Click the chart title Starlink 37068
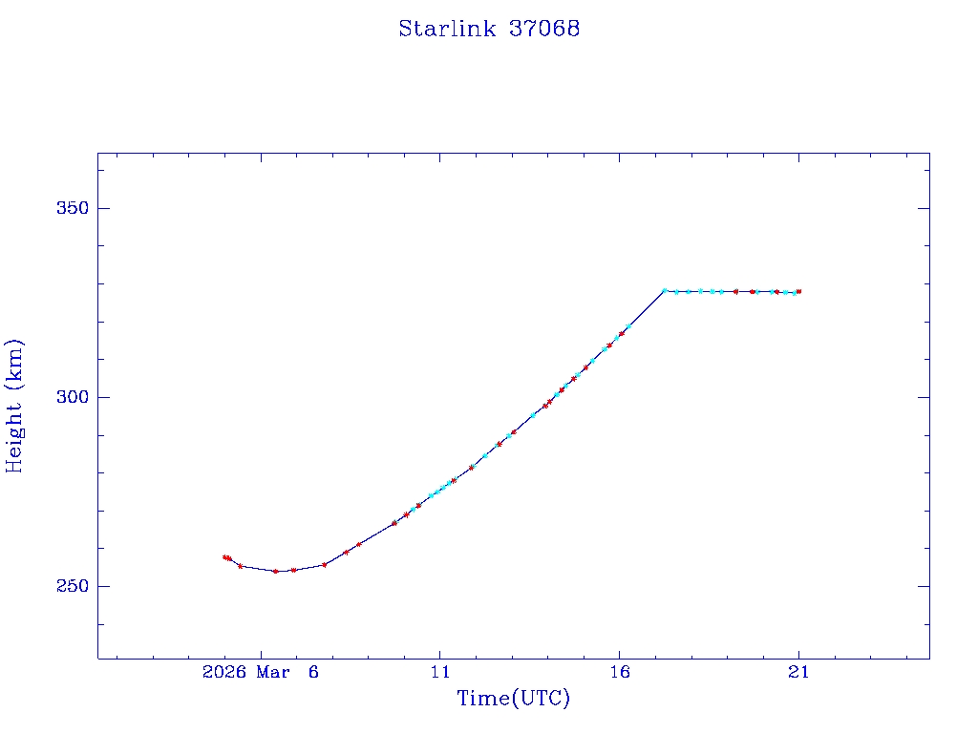coord(489,29)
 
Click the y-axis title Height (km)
coord(14,406)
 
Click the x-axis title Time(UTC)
coord(513,699)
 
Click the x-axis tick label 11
coord(439,672)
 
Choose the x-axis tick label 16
coord(619,672)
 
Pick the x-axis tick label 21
coord(798,672)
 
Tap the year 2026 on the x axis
coord(225,672)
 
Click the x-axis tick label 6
coord(313,672)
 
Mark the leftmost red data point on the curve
coord(224,557)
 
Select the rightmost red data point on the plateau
coord(798,291)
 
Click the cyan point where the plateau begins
coord(665,290)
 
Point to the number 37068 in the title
coord(544,29)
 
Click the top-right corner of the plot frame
coord(929,153)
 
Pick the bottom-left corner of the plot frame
coord(97,659)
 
